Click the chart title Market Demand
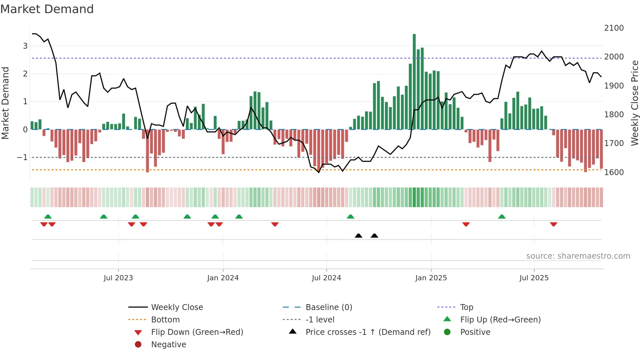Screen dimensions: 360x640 (47, 9)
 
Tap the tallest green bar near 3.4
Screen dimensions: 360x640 (414, 82)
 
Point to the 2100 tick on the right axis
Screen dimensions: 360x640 (614, 28)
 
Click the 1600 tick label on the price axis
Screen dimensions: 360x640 (614, 172)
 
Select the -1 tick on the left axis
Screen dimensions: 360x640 (23, 157)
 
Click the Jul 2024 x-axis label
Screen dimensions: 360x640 (326, 278)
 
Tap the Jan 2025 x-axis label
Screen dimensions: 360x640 (431, 278)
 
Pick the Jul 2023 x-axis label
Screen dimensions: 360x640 (118, 278)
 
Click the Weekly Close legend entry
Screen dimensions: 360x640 (177, 307)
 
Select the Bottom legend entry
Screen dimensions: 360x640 (165, 320)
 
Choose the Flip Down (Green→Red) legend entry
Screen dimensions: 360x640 (197, 332)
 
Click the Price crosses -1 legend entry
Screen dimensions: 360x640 (368, 332)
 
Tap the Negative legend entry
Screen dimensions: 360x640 (168, 345)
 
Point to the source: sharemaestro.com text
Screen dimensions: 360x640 (578, 256)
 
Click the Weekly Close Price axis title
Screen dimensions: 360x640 (634, 103)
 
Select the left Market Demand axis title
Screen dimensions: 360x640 (5, 103)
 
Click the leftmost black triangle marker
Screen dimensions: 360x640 (359, 236)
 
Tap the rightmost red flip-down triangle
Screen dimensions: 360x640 (553, 224)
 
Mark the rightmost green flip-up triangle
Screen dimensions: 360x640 (502, 217)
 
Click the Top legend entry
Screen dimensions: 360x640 (467, 307)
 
